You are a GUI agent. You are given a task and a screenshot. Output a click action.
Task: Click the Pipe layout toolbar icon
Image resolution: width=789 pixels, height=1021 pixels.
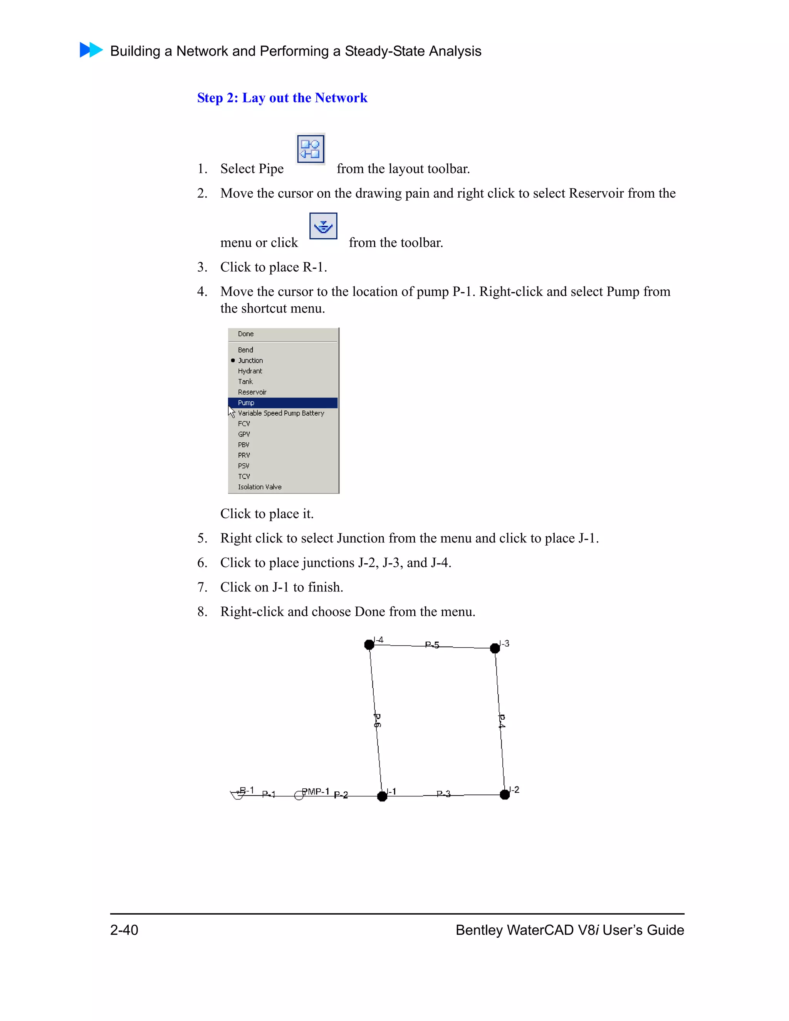point(311,149)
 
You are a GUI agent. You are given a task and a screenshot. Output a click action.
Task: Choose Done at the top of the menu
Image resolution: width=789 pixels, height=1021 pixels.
point(246,334)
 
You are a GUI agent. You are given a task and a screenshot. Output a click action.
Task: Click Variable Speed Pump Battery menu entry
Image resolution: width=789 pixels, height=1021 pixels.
point(280,413)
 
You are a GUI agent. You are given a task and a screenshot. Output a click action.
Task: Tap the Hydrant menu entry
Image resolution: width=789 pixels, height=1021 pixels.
point(250,371)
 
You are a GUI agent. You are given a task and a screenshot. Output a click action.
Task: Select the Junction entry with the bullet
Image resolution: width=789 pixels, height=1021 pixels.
point(250,361)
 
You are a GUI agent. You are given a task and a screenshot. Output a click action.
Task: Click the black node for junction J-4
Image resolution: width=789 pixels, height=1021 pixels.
point(369,645)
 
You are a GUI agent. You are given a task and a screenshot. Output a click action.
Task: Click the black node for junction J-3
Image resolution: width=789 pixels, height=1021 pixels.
point(495,648)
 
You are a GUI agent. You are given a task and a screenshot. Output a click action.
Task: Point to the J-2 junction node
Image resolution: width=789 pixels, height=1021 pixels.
point(505,794)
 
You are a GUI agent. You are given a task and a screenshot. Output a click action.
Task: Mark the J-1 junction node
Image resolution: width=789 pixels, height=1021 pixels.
point(382,796)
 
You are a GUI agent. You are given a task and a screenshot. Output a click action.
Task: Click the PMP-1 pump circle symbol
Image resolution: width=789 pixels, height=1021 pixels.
point(299,795)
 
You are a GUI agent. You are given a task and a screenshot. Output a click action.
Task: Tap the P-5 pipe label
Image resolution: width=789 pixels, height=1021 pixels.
point(432,645)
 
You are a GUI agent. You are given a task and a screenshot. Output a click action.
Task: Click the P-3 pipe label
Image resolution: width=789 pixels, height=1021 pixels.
point(443,794)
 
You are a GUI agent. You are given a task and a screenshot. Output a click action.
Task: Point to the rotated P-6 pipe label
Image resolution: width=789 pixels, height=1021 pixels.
point(377,720)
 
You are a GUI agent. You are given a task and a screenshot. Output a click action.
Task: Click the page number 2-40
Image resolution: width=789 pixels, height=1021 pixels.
point(124,930)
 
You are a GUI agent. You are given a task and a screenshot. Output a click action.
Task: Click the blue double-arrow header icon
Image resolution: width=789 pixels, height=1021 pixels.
point(91,50)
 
